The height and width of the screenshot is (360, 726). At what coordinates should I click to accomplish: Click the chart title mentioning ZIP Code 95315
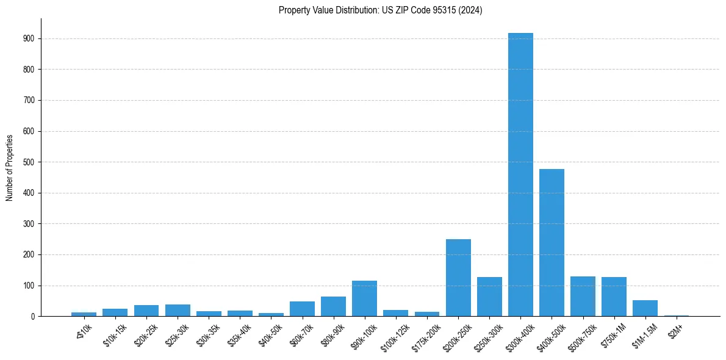point(380,10)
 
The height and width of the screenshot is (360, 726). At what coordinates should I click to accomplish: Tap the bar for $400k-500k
point(552,242)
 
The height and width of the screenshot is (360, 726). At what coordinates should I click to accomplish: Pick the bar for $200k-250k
point(458,278)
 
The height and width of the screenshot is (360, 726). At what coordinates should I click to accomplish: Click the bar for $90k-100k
point(365,298)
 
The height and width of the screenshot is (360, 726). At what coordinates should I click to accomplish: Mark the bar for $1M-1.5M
point(645,308)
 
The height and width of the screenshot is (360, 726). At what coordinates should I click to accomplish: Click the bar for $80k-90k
point(334,306)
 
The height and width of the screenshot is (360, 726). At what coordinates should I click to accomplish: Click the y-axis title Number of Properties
point(10,168)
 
